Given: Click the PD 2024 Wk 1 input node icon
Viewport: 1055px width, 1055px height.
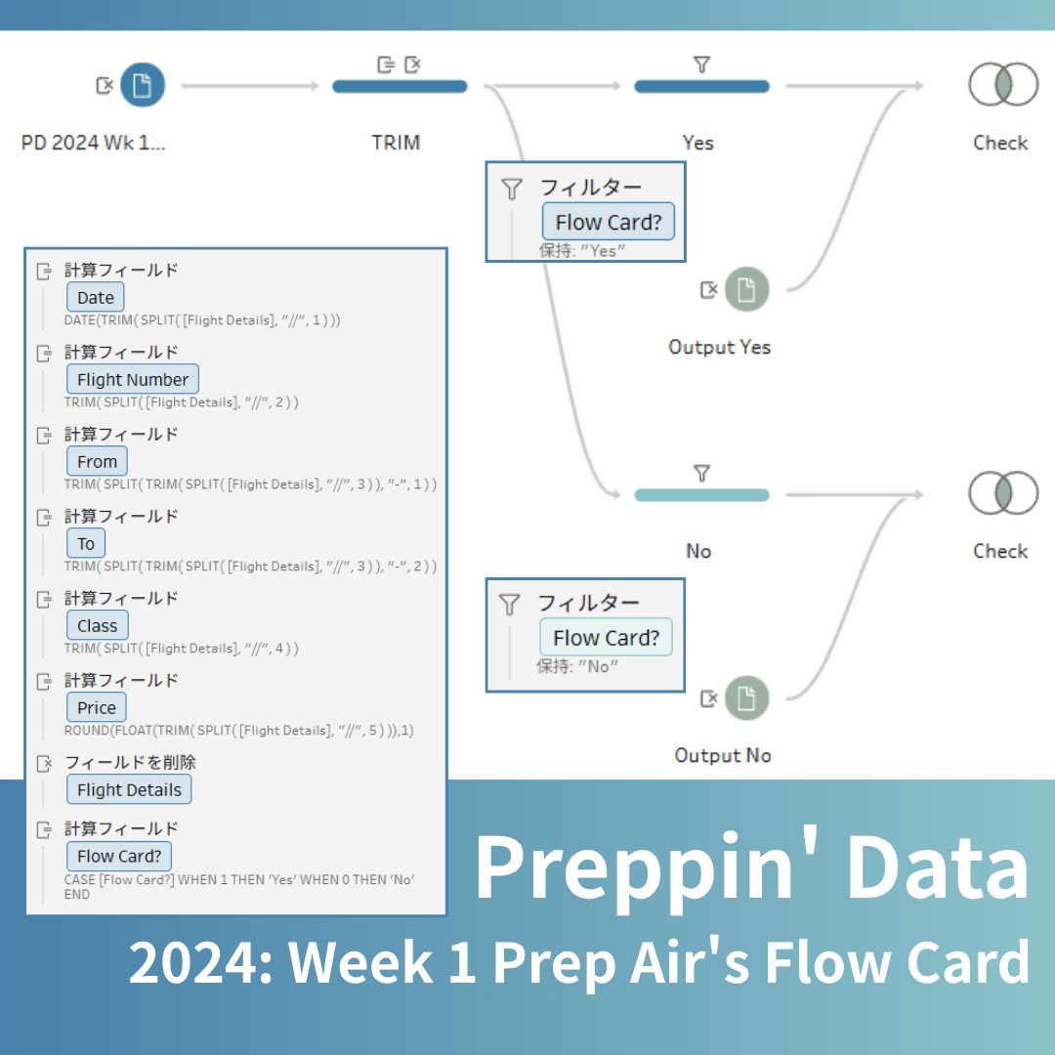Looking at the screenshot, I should click(143, 86).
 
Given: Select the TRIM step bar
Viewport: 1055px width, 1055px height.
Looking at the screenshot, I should click(400, 86).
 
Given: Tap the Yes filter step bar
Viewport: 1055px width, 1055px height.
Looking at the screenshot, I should click(701, 86).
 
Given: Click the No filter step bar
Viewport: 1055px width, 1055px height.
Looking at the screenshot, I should click(701, 495).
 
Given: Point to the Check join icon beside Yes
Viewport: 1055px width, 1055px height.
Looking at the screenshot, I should click(1002, 85).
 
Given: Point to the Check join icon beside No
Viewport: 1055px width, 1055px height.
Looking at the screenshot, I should click(1002, 493).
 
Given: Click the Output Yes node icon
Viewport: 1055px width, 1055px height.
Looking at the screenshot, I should click(746, 290).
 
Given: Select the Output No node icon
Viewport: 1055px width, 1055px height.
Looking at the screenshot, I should click(746, 698).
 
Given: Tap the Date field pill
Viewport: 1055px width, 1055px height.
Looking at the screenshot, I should click(96, 298).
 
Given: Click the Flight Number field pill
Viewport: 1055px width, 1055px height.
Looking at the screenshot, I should click(133, 380).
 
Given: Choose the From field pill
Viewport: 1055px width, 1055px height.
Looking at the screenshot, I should click(97, 462).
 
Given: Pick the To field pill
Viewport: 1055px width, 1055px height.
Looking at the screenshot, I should click(86, 544).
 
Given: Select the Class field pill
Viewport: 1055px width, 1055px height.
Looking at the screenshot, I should click(97, 626).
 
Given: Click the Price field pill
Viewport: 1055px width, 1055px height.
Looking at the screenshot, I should click(97, 708).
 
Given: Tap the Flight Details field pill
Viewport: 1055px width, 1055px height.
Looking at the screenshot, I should click(129, 790).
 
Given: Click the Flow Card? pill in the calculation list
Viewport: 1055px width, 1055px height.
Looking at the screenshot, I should click(119, 857).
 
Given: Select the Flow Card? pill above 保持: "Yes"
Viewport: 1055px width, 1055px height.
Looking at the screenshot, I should click(608, 223).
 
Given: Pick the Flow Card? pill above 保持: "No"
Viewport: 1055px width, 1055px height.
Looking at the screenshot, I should click(607, 638).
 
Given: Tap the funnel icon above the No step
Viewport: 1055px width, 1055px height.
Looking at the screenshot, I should click(701, 474).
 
